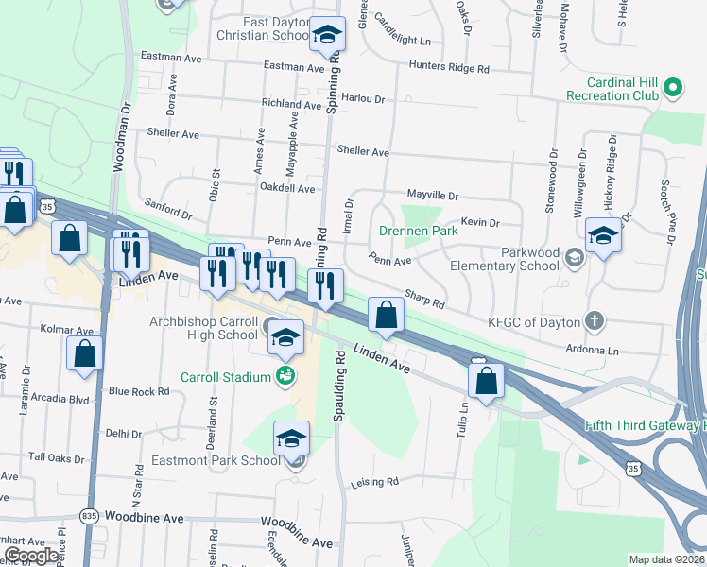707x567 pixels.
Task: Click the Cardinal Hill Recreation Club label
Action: point(612,89)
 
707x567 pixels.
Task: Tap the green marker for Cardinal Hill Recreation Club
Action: point(672,90)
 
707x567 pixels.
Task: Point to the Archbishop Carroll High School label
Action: point(203,328)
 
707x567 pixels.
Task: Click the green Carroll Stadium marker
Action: point(285,377)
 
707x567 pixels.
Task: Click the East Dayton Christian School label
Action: point(256,28)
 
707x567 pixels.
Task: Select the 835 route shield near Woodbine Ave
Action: point(89,516)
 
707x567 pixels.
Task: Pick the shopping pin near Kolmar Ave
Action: point(84,353)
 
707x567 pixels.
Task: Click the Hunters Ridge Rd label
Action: point(449,68)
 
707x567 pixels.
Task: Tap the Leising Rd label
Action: point(374,482)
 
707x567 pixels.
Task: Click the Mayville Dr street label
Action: point(432,195)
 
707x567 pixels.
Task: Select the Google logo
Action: point(31,556)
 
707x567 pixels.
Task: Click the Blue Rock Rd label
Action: point(131,391)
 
